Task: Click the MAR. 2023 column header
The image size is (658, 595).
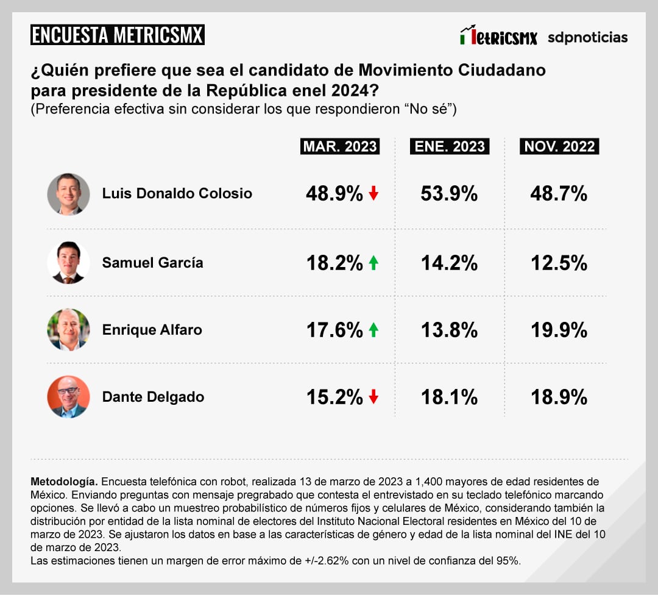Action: click(x=340, y=147)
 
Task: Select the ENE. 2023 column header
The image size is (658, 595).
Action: click(x=450, y=147)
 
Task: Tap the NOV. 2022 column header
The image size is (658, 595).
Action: click(x=559, y=147)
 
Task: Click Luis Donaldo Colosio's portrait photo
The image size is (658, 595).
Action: click(x=68, y=194)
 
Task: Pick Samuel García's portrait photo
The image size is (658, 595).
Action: click(x=68, y=263)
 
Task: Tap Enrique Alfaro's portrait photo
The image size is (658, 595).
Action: click(x=68, y=330)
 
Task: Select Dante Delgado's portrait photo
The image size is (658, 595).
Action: click(x=68, y=397)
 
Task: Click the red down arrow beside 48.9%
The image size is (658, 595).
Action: click(x=373, y=194)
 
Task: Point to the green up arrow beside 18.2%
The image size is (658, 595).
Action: click(x=373, y=263)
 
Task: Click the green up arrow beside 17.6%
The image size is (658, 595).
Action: click(x=373, y=330)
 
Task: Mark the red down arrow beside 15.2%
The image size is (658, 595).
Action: click(x=373, y=397)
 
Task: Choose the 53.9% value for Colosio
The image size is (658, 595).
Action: click(x=449, y=194)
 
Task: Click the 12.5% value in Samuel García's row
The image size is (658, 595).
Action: click(x=559, y=263)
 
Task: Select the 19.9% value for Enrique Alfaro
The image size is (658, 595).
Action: click(x=559, y=330)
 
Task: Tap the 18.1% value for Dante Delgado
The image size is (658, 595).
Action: click(x=449, y=397)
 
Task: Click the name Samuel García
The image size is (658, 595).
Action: click(x=152, y=263)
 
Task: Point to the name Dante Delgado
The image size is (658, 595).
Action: click(x=153, y=397)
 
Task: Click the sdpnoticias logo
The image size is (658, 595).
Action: click(x=587, y=37)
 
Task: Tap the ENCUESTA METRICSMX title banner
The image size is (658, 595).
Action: click(x=117, y=35)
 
